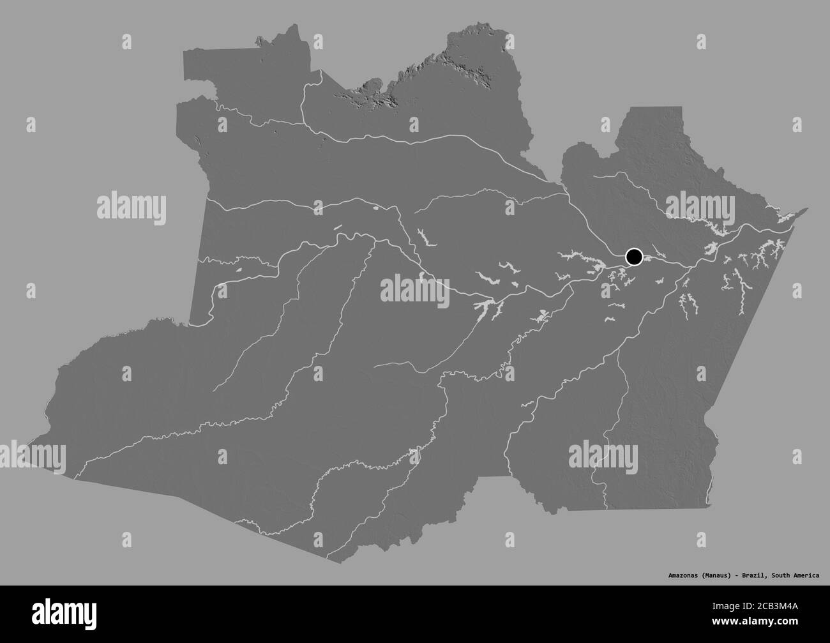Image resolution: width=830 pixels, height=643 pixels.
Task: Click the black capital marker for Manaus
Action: click(x=634, y=257)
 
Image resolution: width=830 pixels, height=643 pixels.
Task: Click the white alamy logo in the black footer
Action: click(x=48, y=614)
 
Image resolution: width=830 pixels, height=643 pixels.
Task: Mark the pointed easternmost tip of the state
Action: click(x=807, y=208)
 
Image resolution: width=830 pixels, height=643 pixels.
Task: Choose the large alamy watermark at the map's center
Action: click(x=416, y=288)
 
